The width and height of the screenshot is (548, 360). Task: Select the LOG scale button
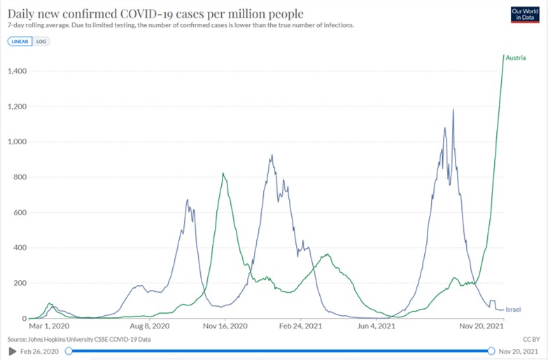click(x=41, y=41)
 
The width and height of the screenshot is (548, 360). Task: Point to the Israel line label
click(x=513, y=309)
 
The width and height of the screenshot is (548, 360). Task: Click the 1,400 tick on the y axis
click(x=17, y=71)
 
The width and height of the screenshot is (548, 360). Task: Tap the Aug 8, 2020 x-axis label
click(x=150, y=326)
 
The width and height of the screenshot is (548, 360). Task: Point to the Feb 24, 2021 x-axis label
click(x=300, y=326)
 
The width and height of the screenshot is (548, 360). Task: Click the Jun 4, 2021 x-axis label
click(x=377, y=326)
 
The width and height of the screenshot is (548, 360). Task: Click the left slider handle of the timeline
click(x=69, y=350)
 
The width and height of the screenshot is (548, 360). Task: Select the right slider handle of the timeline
click(x=491, y=350)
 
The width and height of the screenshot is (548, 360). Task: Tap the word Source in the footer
click(x=17, y=339)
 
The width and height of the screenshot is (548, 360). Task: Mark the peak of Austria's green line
click(x=504, y=55)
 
